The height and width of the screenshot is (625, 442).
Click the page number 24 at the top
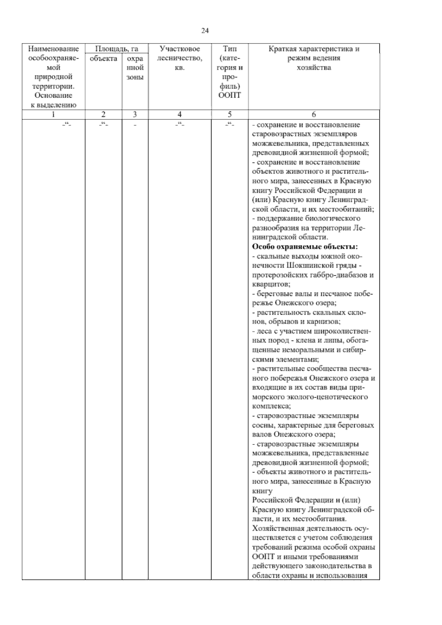coord(205,31)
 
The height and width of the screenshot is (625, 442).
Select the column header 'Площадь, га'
coord(116,49)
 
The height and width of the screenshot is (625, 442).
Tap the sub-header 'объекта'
coord(104,58)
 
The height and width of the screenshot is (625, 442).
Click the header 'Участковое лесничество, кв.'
coord(180,58)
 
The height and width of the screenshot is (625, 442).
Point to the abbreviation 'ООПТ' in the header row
coord(229,95)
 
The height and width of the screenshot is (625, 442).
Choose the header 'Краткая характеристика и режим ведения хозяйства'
coord(314,58)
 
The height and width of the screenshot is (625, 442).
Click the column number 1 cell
coord(53,114)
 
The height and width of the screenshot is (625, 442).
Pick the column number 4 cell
coord(179,114)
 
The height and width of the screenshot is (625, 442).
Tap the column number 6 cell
coord(314,114)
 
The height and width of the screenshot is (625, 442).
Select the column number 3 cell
coord(135,114)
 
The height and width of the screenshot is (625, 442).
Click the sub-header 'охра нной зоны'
coord(135,68)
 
